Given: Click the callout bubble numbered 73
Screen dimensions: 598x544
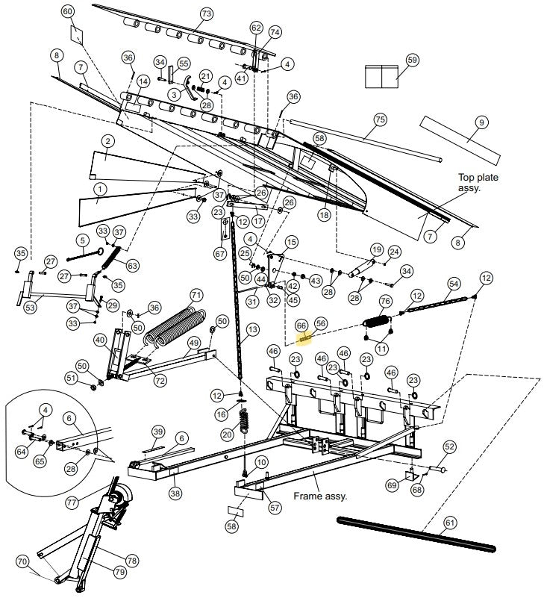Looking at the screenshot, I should (x=207, y=14).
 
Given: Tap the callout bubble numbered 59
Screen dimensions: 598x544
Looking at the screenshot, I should (x=413, y=60).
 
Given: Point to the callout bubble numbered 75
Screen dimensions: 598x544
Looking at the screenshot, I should (x=380, y=120).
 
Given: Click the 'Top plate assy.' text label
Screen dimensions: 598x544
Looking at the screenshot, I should (x=478, y=183).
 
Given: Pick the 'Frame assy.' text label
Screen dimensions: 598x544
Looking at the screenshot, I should (x=321, y=495).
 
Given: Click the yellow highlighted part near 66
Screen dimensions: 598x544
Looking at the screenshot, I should (x=304, y=337).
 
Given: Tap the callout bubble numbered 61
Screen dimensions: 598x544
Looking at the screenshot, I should (x=449, y=523).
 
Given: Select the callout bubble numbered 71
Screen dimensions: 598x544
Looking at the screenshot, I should (x=196, y=294).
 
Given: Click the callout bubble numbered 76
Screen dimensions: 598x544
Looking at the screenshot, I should (x=385, y=301).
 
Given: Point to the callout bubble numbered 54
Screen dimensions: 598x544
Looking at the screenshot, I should (x=453, y=284).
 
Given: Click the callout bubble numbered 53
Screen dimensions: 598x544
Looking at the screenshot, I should (x=30, y=307).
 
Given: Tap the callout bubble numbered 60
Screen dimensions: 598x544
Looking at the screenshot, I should (x=68, y=12).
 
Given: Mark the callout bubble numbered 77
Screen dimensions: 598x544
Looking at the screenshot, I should (x=72, y=503).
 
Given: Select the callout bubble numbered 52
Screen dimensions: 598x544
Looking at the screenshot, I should (x=449, y=446).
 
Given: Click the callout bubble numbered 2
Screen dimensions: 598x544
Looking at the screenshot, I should (x=108, y=141).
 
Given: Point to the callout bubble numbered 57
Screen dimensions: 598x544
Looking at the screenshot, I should (x=275, y=508).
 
